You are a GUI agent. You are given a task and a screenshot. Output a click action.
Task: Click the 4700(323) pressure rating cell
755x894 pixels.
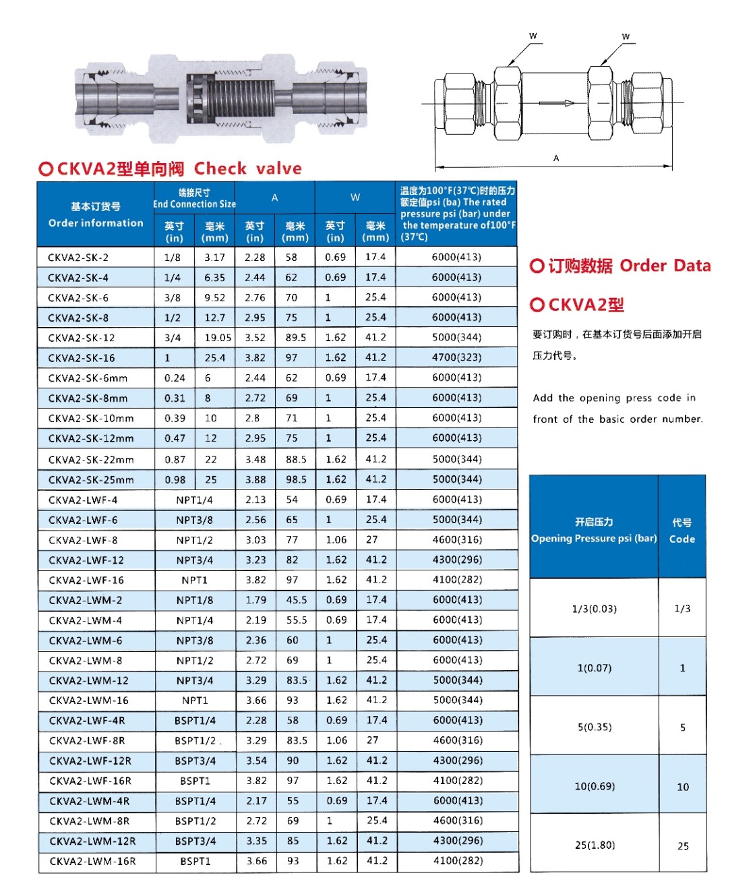(456, 358)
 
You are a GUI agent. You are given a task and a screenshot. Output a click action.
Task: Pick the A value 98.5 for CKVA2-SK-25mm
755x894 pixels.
(296, 480)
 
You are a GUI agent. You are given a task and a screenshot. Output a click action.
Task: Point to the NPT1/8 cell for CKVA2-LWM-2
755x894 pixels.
(195, 600)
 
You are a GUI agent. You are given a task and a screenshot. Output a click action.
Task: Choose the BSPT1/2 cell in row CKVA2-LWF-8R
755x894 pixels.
(195, 740)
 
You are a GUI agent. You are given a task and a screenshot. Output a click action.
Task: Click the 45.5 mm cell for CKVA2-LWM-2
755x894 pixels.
(296, 600)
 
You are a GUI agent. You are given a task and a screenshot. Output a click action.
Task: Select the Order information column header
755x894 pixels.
(96, 215)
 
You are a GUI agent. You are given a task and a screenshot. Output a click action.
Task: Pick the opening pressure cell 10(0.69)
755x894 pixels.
(594, 786)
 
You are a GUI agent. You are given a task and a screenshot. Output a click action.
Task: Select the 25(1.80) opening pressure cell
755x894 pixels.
(594, 845)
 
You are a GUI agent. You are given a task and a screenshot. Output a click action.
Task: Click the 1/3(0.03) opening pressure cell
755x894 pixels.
(594, 609)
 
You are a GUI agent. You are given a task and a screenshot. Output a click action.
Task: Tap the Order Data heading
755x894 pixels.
(665, 266)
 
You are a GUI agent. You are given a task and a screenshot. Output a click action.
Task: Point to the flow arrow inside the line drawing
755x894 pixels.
(556, 103)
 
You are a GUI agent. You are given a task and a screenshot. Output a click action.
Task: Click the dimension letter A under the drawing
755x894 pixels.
(556, 158)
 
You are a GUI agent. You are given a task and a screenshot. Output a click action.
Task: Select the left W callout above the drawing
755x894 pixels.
(533, 36)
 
